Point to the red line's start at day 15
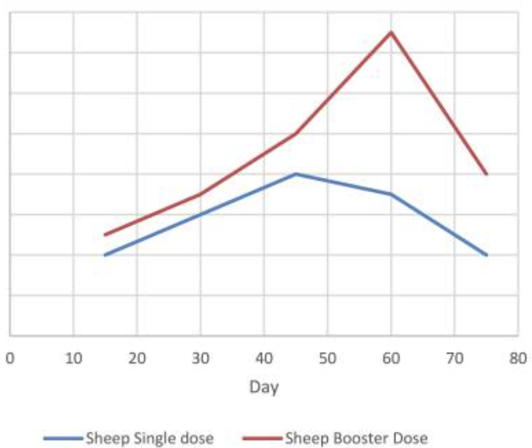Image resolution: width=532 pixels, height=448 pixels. click(x=105, y=234)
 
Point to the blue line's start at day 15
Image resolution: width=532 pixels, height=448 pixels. click(x=105, y=255)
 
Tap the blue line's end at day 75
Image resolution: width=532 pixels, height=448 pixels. click(x=486, y=255)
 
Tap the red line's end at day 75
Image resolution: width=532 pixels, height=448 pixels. click(x=486, y=174)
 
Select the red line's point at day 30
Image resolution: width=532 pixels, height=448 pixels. click(x=200, y=194)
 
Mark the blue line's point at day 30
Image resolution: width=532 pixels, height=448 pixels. click(x=200, y=214)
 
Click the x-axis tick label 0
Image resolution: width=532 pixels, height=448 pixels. click(x=10, y=358)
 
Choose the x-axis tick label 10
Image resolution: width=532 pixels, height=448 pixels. click(x=73, y=358)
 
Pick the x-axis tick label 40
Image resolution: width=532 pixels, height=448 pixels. click(x=264, y=358)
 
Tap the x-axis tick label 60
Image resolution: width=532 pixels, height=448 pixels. click(x=391, y=358)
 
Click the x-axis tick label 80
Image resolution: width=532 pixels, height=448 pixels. click(x=518, y=358)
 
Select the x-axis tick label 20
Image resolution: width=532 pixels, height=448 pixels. click(x=137, y=358)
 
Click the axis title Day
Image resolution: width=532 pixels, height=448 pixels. click(x=264, y=387)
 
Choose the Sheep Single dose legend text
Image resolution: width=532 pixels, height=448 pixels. click(x=149, y=438)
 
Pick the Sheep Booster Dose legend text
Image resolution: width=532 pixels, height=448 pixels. click(x=357, y=438)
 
